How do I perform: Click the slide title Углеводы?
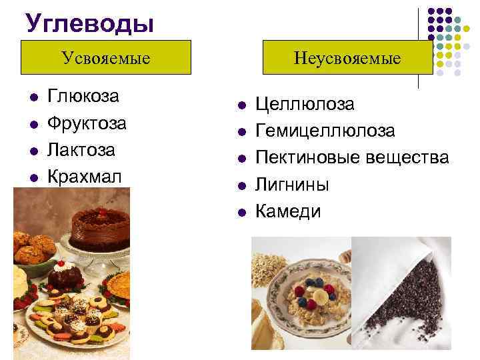[x=90, y=23]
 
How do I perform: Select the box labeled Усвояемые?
[x=106, y=57]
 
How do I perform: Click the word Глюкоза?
[x=83, y=97]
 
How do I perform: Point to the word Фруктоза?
[x=87, y=123]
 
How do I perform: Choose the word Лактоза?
[x=82, y=150]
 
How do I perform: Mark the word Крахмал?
[x=85, y=177]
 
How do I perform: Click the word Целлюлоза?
[x=305, y=105]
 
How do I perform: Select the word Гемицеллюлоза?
[x=325, y=131]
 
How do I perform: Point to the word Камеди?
[x=289, y=211]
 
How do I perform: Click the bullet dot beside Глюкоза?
[x=33, y=97]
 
